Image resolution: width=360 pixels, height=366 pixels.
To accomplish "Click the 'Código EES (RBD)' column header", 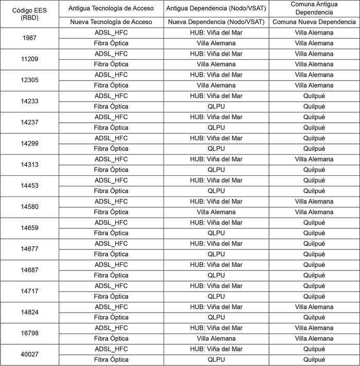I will pyautogui.click(x=29, y=14).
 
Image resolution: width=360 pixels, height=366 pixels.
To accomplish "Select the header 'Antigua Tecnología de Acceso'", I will pyautogui.click(x=111, y=8).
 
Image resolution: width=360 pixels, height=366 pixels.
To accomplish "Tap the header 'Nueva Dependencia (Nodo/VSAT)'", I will pyautogui.click(x=216, y=22).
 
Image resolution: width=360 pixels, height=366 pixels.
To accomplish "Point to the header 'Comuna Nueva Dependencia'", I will pyautogui.click(x=314, y=22).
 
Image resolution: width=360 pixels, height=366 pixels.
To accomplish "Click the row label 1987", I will pyautogui.click(x=29, y=38).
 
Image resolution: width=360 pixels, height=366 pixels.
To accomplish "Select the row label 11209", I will pyautogui.click(x=29, y=59).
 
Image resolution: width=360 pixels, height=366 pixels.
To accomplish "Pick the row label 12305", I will pyautogui.click(x=29, y=80).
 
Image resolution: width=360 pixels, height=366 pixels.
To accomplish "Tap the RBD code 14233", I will pyautogui.click(x=29, y=101).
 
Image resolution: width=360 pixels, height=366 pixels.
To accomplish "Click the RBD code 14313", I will pyautogui.click(x=29, y=164).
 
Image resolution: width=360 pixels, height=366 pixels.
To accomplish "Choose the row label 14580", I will pyautogui.click(x=29, y=207).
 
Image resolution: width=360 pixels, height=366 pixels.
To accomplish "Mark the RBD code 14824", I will pyautogui.click(x=29, y=312).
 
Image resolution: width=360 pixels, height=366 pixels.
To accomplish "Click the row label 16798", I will pyautogui.click(x=29, y=333).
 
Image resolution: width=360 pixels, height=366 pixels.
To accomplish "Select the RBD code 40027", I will pyautogui.click(x=29, y=354).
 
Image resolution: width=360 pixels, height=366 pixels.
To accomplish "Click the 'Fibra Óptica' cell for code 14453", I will pyautogui.click(x=111, y=191).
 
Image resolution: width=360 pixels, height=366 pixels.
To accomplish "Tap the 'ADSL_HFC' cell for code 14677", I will pyautogui.click(x=111, y=244).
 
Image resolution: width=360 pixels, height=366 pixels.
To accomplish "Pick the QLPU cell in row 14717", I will pyautogui.click(x=216, y=296).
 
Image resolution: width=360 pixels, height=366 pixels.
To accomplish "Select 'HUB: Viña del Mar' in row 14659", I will pyautogui.click(x=216, y=223).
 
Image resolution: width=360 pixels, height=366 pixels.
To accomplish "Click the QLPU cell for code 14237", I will pyautogui.click(x=216, y=127).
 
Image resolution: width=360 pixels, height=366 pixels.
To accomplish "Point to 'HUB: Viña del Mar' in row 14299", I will pyautogui.click(x=216, y=138).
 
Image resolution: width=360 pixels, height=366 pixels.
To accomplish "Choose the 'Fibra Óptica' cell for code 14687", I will pyautogui.click(x=111, y=275).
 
